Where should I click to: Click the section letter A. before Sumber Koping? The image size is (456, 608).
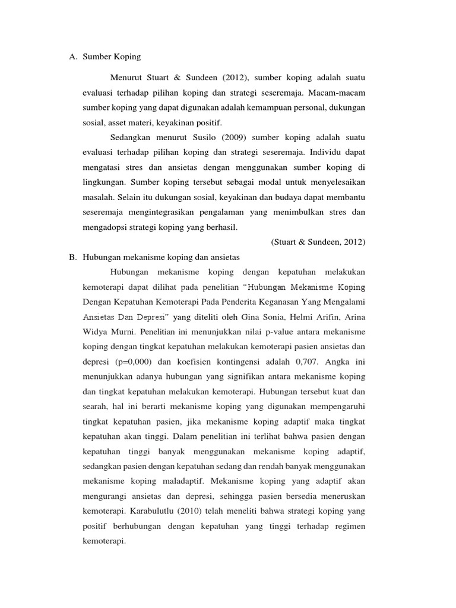tap(74, 57)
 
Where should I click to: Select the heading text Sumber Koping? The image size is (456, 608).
tap(112, 57)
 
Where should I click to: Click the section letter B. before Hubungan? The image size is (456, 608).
tap(74, 256)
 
